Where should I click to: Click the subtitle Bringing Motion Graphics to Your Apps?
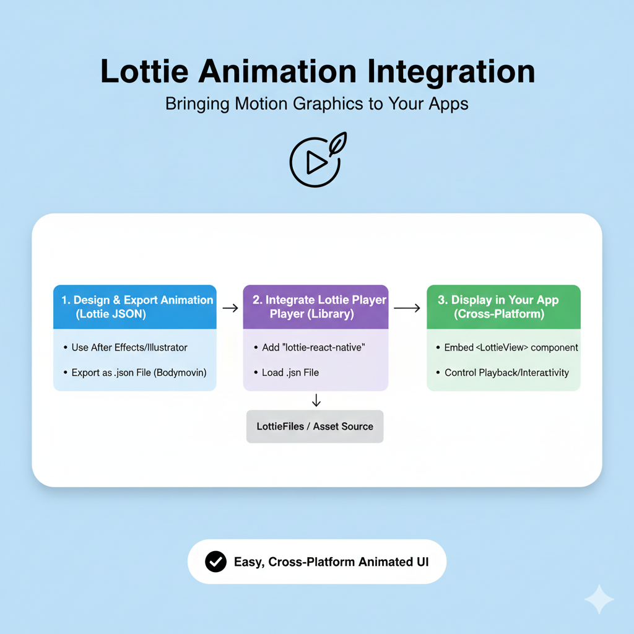316,103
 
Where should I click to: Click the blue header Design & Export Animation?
135,306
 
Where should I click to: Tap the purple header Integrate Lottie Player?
316,306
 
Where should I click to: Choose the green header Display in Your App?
503,306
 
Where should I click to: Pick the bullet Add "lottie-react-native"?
309,347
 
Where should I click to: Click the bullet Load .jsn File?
290,373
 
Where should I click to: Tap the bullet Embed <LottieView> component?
511,347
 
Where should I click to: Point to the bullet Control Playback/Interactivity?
505,373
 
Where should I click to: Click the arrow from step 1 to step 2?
230,308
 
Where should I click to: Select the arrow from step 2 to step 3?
407,308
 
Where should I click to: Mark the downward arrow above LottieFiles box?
316,400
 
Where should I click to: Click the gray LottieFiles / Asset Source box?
315,427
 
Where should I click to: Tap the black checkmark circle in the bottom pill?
215,562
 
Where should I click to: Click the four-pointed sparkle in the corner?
599,599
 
